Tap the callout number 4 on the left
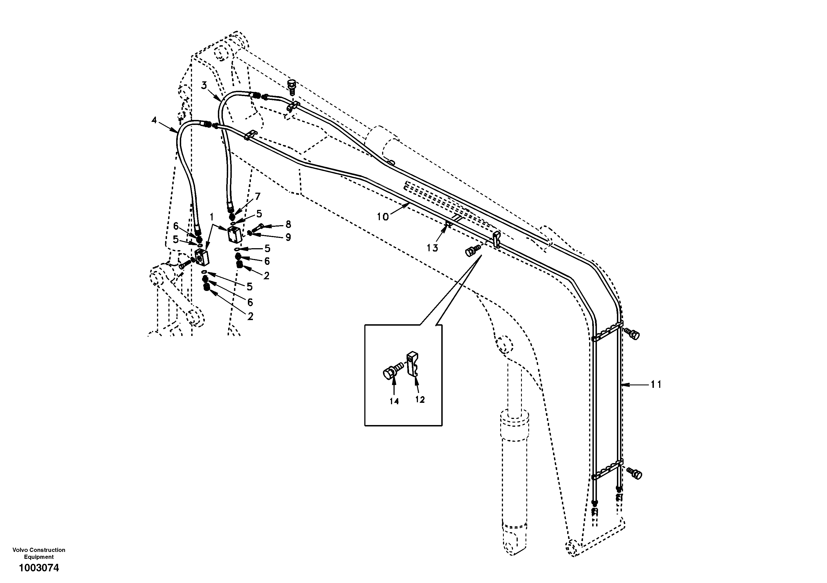(154, 120)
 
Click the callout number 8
(288, 225)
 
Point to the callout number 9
(288, 237)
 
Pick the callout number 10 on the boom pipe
(383, 217)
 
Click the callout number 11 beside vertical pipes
(656, 385)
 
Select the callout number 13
(432, 248)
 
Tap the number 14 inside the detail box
(394, 401)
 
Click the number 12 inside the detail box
(420, 399)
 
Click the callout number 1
(212, 217)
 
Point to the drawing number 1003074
(39, 568)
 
